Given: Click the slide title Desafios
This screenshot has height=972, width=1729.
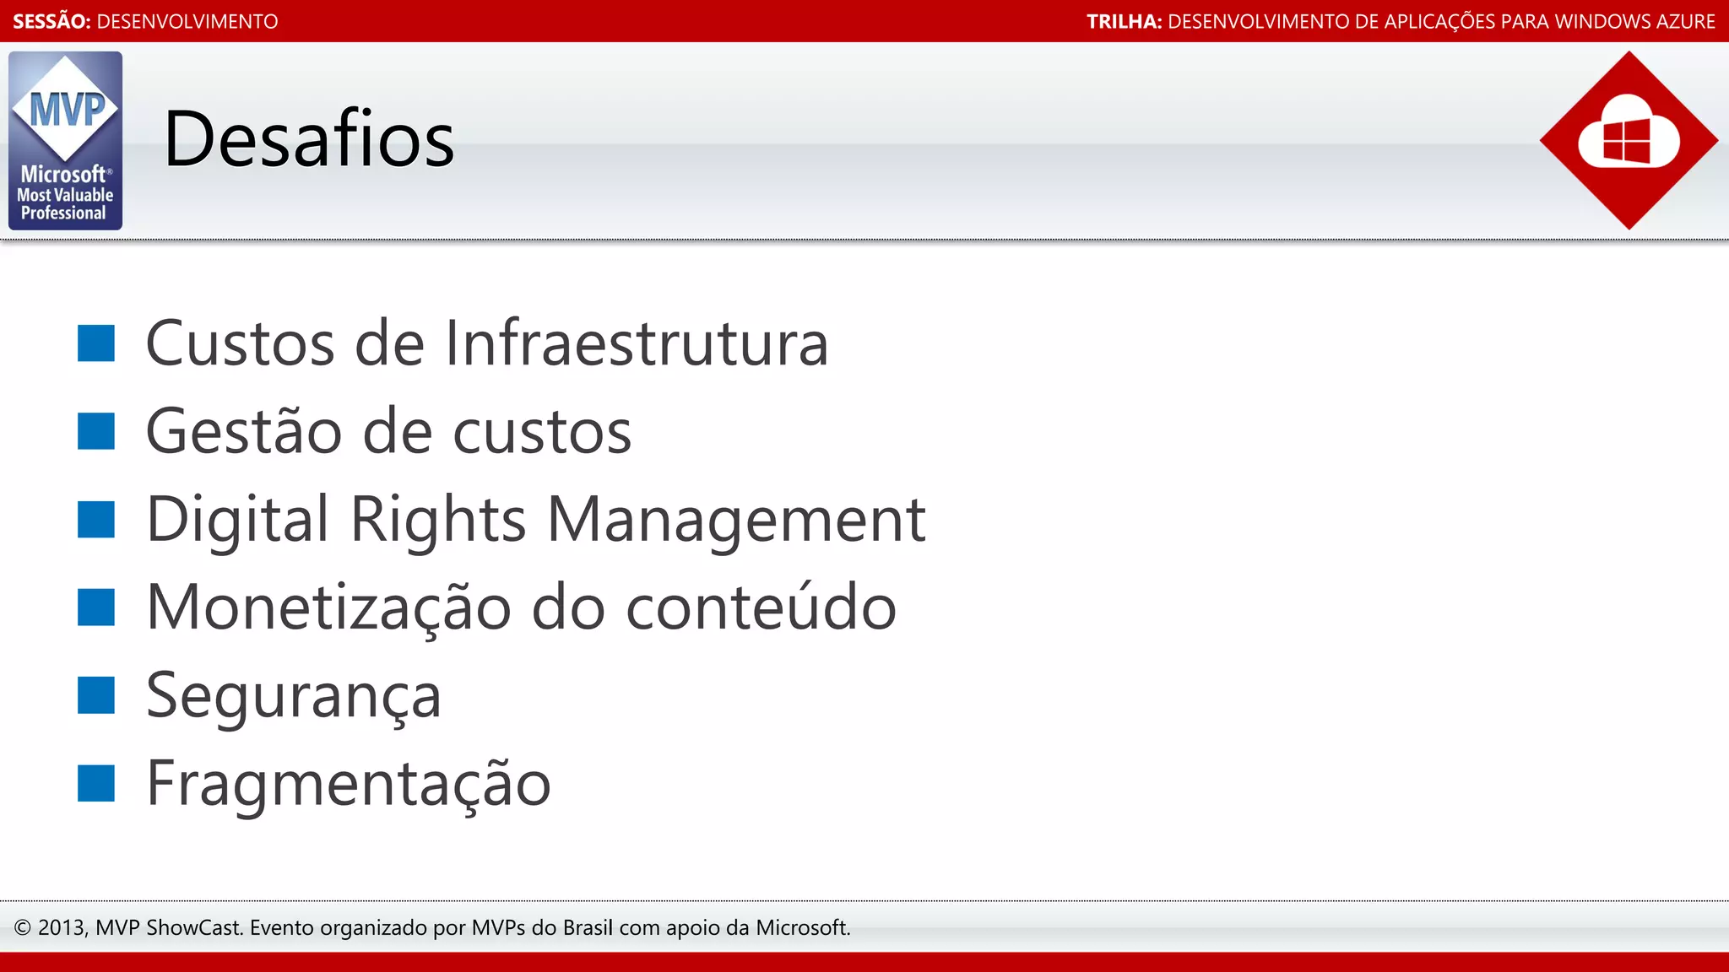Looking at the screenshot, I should (x=308, y=139).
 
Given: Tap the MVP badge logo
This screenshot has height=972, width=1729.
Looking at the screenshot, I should (x=65, y=140).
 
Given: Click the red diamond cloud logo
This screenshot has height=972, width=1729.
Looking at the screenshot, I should (x=1628, y=140).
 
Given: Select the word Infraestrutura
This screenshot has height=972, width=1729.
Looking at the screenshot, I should (x=637, y=343).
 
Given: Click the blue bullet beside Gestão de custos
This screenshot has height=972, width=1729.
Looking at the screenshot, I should (x=96, y=431).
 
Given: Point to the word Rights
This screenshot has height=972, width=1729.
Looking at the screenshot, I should (x=438, y=519).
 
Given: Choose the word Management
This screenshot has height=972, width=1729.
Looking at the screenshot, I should (x=736, y=519).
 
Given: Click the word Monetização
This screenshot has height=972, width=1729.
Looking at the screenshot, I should (x=328, y=607).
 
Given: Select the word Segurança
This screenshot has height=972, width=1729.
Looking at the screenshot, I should (x=294, y=697).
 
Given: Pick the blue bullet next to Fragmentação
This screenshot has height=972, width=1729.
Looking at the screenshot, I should (x=96, y=783).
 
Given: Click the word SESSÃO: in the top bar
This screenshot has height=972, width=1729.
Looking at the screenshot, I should (x=51, y=21).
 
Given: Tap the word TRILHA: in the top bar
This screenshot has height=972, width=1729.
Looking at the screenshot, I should (x=1124, y=21).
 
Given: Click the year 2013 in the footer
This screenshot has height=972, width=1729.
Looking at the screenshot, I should (x=61, y=928).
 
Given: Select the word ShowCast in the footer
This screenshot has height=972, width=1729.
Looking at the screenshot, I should (x=194, y=928).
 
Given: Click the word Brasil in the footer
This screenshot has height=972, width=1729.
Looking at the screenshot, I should (x=588, y=928).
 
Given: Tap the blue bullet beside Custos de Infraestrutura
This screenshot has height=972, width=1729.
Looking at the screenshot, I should (x=96, y=343).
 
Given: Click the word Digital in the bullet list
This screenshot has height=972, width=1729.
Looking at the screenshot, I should (x=237, y=519).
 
